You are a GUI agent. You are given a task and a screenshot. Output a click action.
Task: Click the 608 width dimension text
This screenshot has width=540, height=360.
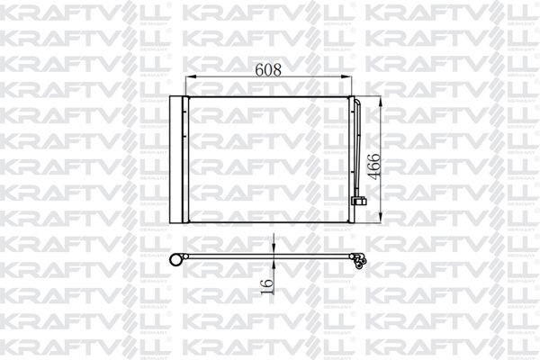(x=267, y=67)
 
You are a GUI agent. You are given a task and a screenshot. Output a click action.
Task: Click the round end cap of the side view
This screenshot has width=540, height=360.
(x=177, y=261)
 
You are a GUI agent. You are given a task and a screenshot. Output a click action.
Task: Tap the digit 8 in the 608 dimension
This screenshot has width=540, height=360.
(x=281, y=67)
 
